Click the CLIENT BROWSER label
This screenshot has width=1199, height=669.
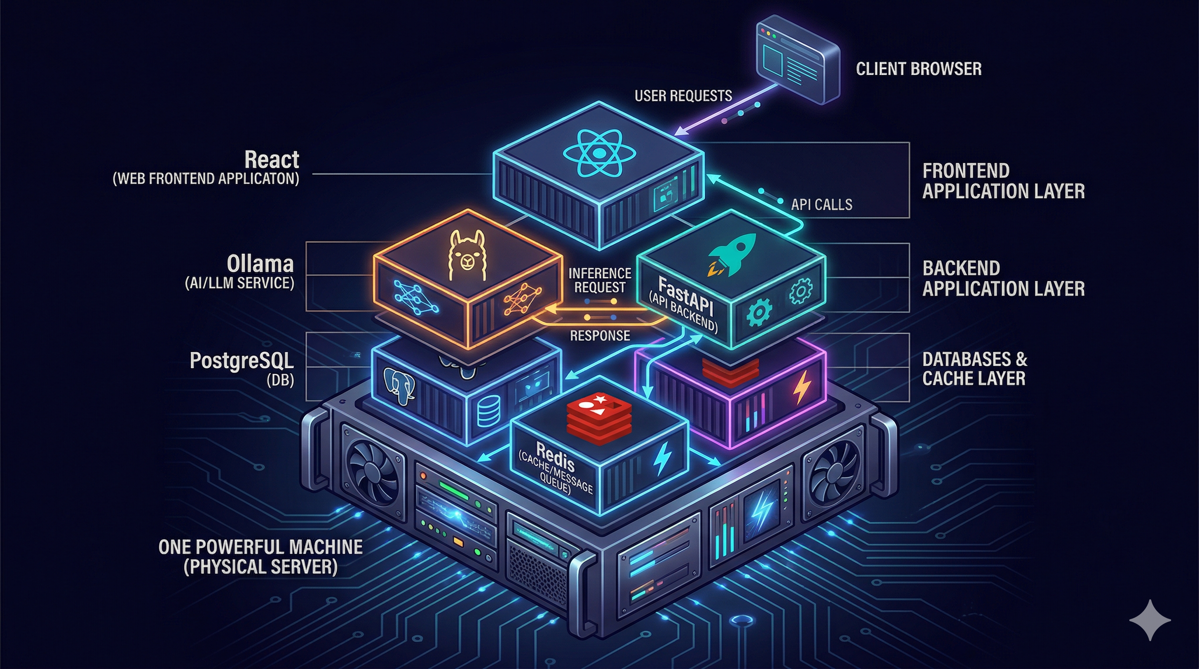918,69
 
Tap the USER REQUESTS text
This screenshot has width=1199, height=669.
683,96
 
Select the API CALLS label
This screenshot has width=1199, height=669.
822,204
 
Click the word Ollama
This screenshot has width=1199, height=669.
260,264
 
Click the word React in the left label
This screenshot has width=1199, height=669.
272,159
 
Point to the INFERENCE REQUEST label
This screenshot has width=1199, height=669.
599,280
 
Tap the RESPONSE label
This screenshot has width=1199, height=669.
600,335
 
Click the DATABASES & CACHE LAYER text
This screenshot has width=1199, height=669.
974,368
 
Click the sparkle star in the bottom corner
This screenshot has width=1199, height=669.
1150,620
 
